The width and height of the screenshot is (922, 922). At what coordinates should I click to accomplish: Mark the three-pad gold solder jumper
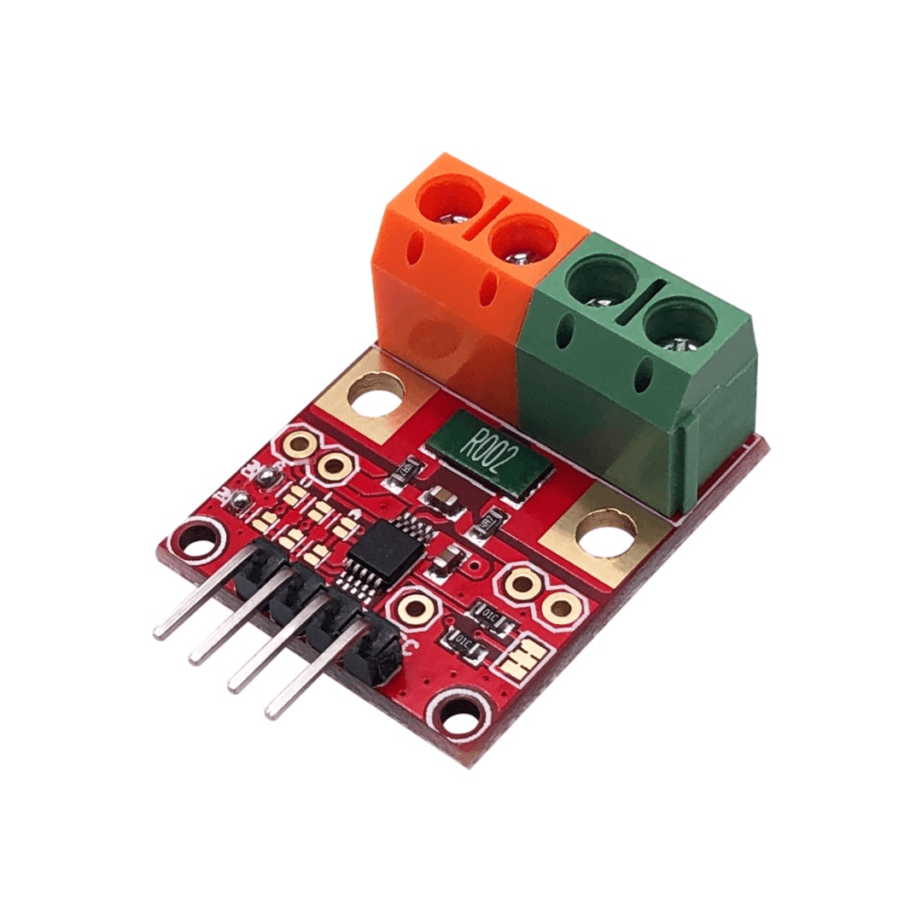tap(522, 656)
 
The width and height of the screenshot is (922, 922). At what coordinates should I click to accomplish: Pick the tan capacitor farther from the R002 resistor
tap(449, 559)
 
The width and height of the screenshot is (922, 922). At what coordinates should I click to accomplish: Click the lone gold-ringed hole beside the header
tap(416, 607)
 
